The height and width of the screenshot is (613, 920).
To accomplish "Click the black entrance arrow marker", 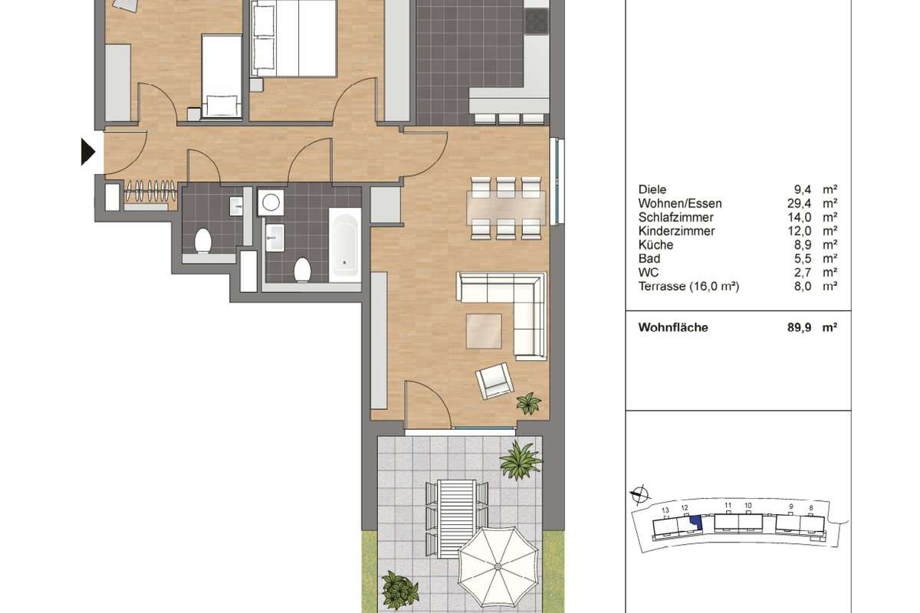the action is click(x=87, y=152).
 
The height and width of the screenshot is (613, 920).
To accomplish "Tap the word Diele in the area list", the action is click(x=652, y=190).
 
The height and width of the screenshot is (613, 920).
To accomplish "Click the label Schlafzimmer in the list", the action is click(x=675, y=217).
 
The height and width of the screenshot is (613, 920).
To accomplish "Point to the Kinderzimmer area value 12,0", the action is click(x=799, y=231).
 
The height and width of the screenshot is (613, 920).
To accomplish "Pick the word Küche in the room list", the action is click(x=655, y=244).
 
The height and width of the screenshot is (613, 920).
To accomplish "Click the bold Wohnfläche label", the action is click(x=673, y=328).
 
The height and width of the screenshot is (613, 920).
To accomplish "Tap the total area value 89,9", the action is click(x=799, y=328).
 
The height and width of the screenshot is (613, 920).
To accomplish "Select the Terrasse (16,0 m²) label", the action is click(x=688, y=286).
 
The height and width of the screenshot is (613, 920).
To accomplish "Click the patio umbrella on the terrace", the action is click(x=498, y=567).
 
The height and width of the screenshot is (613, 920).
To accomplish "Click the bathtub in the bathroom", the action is click(x=344, y=245).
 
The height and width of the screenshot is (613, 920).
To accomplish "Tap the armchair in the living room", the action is click(x=494, y=381).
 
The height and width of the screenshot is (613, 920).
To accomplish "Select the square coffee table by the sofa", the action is click(x=484, y=331).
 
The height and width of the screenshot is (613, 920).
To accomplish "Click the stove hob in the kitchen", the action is click(x=537, y=21).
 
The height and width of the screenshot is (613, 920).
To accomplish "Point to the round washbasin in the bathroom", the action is click(x=271, y=202).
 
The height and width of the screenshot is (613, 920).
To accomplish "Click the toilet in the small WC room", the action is click(x=203, y=241).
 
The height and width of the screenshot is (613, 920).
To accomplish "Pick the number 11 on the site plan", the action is click(x=728, y=506).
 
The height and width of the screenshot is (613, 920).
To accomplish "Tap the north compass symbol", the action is click(x=640, y=494).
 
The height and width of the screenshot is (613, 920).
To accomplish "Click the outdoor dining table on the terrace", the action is click(x=457, y=519).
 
